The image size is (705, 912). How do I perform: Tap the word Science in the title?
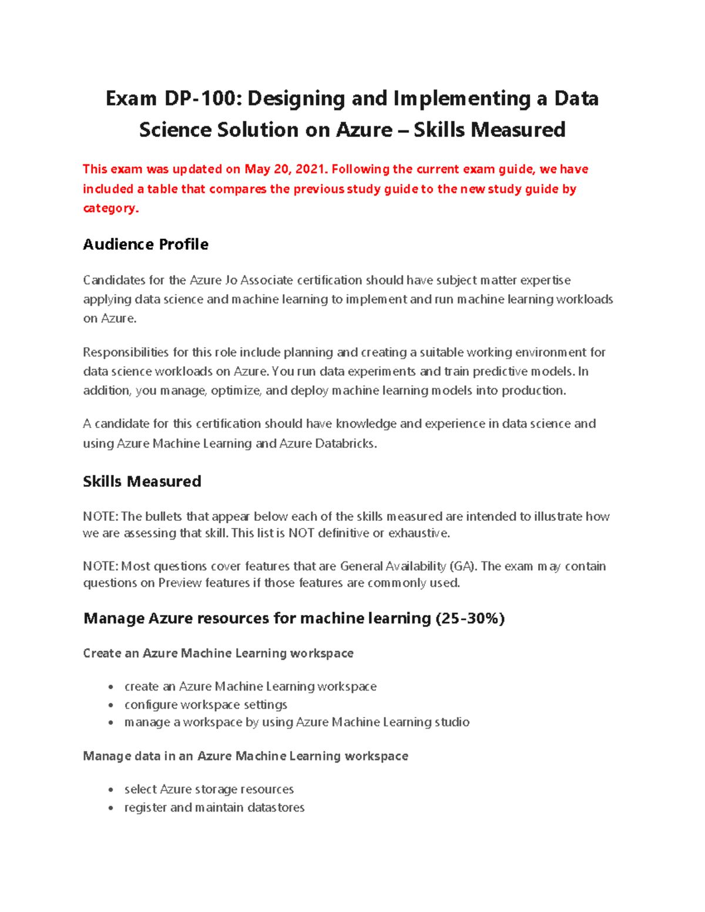point(175,130)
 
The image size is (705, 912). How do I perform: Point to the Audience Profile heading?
point(146,244)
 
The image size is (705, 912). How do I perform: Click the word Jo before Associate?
point(231,281)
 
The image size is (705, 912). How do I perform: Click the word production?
point(533,391)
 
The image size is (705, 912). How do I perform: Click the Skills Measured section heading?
point(142,482)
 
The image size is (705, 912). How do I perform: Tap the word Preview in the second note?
point(180,583)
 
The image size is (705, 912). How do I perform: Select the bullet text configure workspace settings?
point(206,705)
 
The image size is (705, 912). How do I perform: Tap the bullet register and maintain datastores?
point(214,808)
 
